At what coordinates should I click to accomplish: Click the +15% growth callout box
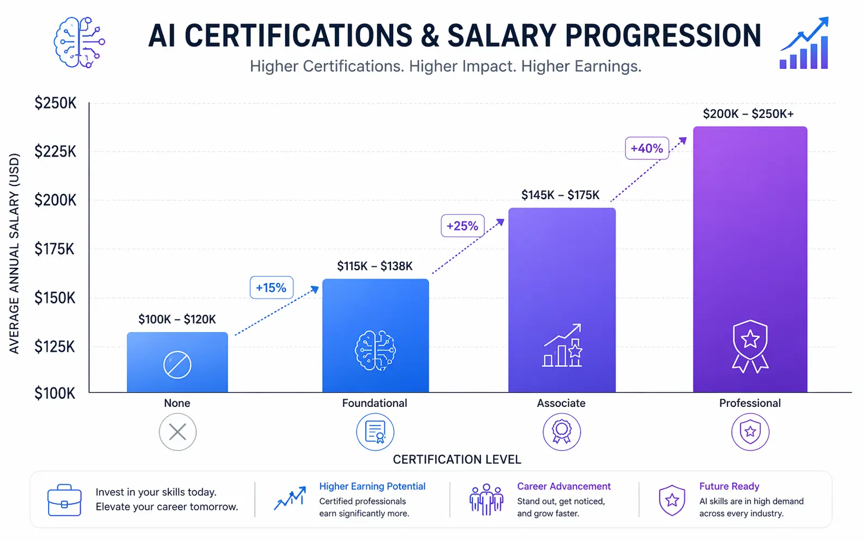point(271,287)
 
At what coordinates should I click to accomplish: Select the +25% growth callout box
point(462,226)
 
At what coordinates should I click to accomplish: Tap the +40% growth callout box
point(646,148)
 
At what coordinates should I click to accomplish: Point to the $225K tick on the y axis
point(55,151)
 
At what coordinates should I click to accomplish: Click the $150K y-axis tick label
point(55,298)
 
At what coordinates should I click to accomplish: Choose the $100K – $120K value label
point(177,319)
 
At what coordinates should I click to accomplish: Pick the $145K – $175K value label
point(560,195)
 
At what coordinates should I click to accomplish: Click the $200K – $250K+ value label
point(748,113)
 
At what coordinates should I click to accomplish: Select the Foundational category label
point(374,403)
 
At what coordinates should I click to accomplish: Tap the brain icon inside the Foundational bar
point(375,351)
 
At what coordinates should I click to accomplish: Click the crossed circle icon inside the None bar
point(177,365)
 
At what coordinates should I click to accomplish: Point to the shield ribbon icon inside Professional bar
point(750,346)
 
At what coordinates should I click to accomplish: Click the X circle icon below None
point(177,432)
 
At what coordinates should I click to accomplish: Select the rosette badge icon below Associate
point(561,432)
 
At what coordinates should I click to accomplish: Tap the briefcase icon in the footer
point(64,500)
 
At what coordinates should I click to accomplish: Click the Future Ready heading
point(729,486)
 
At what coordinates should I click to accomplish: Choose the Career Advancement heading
point(563,486)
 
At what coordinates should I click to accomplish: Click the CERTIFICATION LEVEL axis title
point(457,460)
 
